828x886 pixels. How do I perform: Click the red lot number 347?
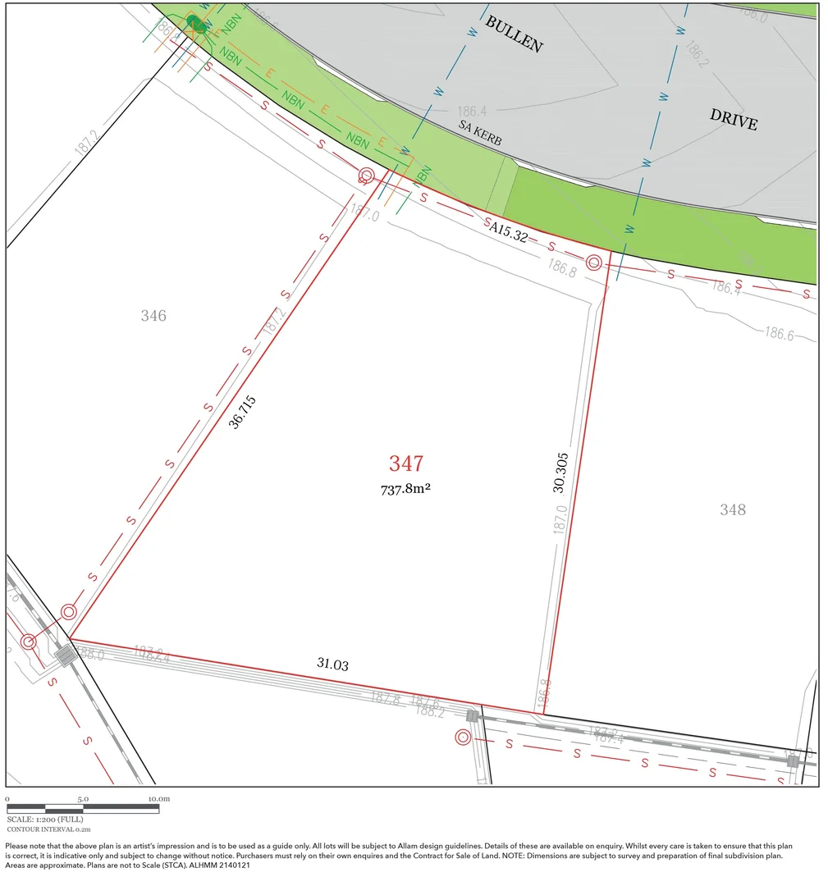point(406,464)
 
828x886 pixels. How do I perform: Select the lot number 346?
point(153,316)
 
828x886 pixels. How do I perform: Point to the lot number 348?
point(733,509)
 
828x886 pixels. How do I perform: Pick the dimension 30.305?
point(560,473)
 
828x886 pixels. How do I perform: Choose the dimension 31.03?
point(332,664)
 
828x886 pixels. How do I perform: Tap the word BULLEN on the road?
point(514,34)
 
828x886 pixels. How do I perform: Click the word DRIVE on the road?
point(734,119)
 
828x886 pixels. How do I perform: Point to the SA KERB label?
point(480,135)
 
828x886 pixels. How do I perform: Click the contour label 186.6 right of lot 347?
point(780,333)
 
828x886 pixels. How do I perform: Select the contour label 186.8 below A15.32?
point(562,268)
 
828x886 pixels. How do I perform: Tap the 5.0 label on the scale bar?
point(83,798)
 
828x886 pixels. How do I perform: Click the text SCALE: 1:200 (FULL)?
point(45,819)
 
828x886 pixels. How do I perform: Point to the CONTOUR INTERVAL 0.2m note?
point(48,829)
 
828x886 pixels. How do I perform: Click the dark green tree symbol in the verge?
point(195,23)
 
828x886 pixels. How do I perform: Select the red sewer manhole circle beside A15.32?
point(594,262)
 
